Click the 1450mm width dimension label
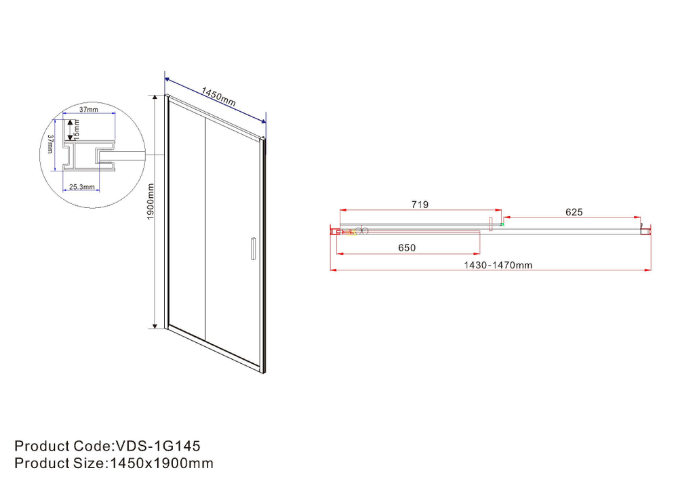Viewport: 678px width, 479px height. click(x=218, y=97)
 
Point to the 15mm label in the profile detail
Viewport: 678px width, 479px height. click(x=77, y=126)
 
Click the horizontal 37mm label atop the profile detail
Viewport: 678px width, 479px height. click(x=89, y=109)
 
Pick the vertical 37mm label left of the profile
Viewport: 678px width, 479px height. click(x=51, y=144)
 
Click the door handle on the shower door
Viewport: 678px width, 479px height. click(x=252, y=248)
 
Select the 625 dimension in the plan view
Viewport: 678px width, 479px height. click(x=574, y=212)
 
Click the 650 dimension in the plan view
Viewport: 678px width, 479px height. click(x=406, y=248)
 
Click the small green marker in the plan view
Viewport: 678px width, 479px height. click(x=502, y=224)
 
